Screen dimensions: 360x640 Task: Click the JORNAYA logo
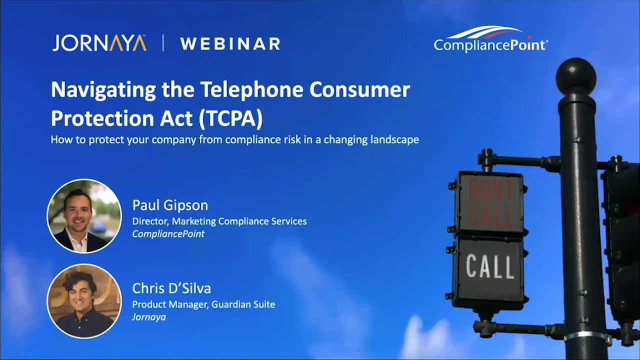pos(99,43)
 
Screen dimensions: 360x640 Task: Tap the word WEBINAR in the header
pos(230,44)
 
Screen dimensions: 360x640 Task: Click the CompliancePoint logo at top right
pos(490,40)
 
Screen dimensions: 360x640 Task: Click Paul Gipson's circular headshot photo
pos(84,216)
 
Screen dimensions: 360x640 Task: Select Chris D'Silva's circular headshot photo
pos(84,300)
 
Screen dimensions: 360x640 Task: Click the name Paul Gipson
pos(170,205)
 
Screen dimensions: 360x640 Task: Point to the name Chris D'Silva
pos(171,288)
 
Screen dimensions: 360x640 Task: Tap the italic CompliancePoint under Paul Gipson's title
pos(168,234)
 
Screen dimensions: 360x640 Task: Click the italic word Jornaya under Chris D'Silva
pos(148,317)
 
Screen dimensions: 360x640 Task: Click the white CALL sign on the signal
pos(489,266)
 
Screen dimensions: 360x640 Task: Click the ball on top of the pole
pos(576,76)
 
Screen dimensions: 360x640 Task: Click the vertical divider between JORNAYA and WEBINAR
pos(163,43)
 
